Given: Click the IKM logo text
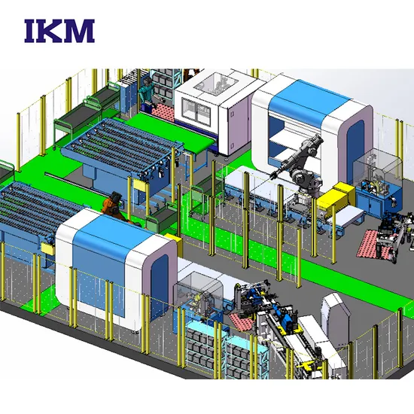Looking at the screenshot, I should [59, 31].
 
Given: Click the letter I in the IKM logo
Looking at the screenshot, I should [31, 31].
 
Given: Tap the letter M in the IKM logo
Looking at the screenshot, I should [81, 31].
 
